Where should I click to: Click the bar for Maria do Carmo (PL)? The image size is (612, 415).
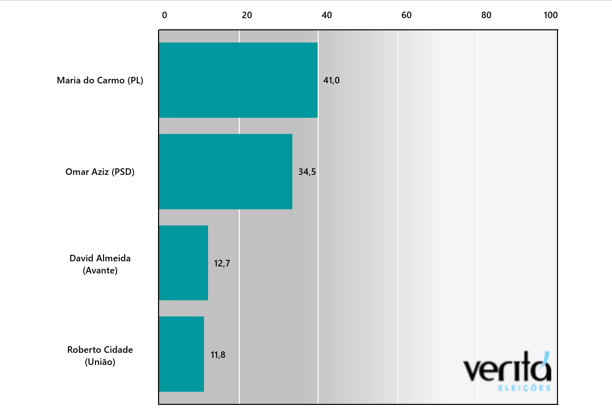238,80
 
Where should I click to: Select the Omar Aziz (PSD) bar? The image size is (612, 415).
226,171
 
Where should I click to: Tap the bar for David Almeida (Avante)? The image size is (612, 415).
183,263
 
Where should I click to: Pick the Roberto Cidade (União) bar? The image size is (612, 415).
181,354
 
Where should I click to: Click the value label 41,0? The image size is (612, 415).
331,80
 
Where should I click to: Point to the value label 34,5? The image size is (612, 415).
307,172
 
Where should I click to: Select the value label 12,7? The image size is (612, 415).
222,263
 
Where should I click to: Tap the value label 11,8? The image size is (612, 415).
218,355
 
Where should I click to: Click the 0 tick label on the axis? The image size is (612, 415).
165,15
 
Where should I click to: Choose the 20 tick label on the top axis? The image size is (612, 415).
247,15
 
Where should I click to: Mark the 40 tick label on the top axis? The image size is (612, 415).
327,15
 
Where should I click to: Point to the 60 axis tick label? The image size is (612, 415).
406,15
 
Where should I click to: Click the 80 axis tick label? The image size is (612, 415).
486,15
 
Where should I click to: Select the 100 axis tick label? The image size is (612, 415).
550,15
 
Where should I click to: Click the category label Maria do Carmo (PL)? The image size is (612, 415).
100,80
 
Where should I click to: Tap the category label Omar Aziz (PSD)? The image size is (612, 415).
100,172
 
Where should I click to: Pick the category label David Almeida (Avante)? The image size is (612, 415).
100,264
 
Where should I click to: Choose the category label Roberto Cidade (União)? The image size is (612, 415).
100,356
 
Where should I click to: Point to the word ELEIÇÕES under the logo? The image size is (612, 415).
524,388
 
